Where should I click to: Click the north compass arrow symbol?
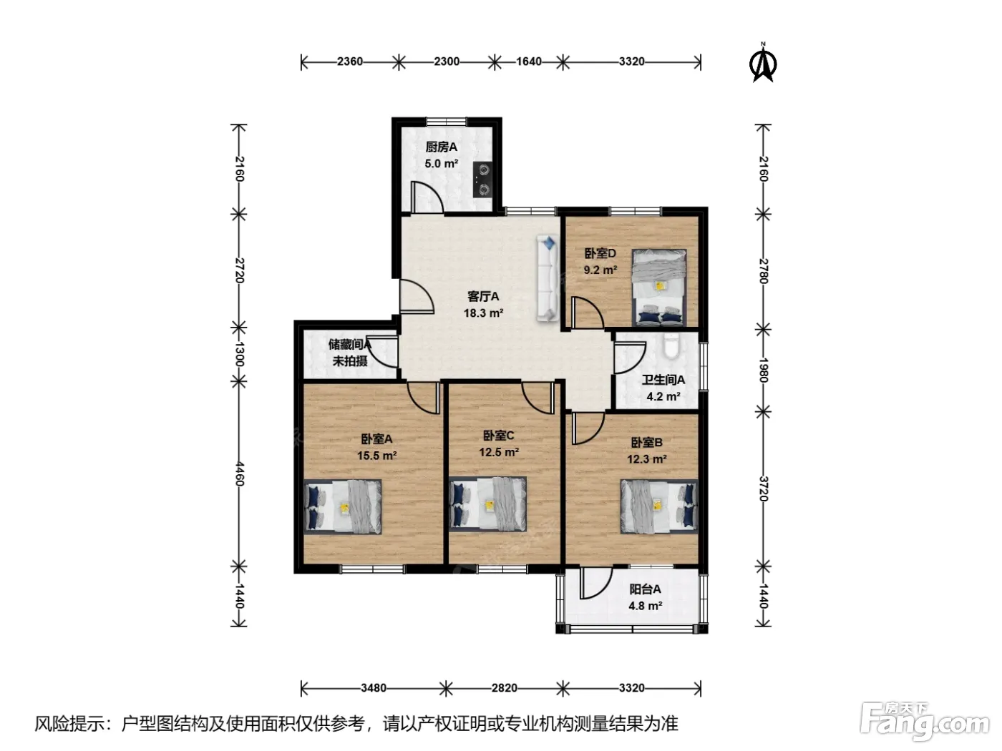[x=763, y=63]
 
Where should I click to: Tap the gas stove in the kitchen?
[x=482, y=180]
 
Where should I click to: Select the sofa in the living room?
[x=548, y=279]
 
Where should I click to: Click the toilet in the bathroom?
[x=671, y=346]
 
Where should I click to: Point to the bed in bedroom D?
[x=658, y=288]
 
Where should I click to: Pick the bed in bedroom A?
[x=343, y=506]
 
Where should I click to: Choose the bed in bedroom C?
[x=487, y=504]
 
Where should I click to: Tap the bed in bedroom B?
[x=658, y=506]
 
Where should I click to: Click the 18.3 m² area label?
[x=483, y=313]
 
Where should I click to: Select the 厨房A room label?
[x=441, y=147]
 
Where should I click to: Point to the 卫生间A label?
[x=663, y=380]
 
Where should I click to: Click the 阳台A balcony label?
[x=645, y=589]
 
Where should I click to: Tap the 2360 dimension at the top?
[x=350, y=61]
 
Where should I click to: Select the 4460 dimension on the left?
[x=240, y=473]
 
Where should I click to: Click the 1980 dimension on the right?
[x=764, y=370]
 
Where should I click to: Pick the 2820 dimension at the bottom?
[x=505, y=687]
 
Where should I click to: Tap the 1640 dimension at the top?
[x=529, y=61]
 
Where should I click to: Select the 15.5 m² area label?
[x=376, y=455]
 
